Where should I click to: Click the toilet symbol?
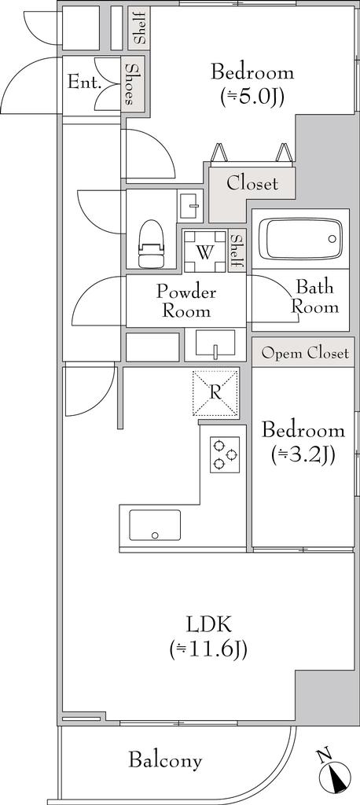(151, 244)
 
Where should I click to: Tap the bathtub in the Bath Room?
(300, 239)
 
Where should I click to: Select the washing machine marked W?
(205, 252)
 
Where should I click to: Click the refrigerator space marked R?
(215, 393)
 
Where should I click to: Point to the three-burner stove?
(225, 454)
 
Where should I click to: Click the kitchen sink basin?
(155, 525)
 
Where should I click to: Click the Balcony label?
(165, 760)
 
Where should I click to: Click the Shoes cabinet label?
(133, 84)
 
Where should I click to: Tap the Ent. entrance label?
(84, 83)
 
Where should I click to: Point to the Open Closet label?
(305, 353)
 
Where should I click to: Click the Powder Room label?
(186, 301)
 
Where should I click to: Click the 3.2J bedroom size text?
(303, 454)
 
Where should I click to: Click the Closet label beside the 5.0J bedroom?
(252, 183)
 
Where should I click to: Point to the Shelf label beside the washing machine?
(237, 251)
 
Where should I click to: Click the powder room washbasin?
(215, 344)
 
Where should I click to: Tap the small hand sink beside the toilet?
(190, 204)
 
